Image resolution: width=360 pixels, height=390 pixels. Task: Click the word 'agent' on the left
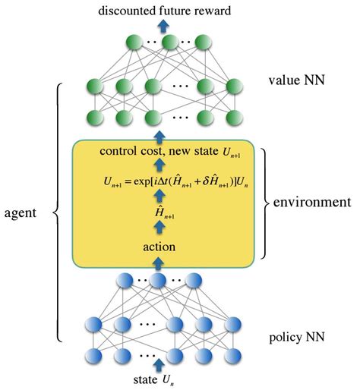tap(22, 215)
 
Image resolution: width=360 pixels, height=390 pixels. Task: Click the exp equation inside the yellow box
tap(159, 182)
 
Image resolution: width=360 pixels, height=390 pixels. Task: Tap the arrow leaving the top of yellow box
tap(159, 136)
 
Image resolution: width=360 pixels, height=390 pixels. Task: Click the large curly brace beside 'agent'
tap(57, 215)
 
